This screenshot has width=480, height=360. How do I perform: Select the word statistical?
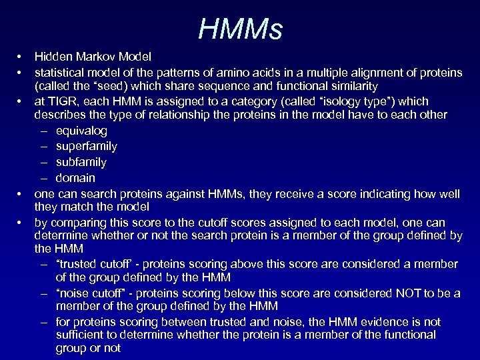point(61,71)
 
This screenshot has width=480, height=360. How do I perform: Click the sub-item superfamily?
point(87,146)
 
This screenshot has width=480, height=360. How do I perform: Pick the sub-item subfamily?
point(81,162)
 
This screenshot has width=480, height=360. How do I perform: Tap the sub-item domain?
point(75,178)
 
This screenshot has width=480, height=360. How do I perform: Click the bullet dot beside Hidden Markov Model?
point(21,57)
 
